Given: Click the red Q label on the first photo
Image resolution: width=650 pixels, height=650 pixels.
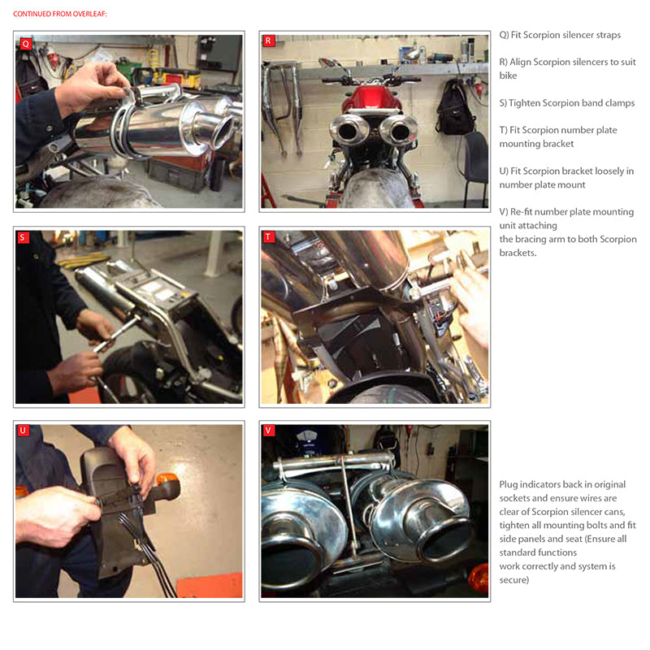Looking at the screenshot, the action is (26, 43).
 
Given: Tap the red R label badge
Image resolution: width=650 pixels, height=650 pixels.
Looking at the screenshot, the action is (268, 41).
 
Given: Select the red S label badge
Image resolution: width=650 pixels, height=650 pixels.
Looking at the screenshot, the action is (24, 237).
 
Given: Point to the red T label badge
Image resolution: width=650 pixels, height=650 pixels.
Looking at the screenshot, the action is (268, 236).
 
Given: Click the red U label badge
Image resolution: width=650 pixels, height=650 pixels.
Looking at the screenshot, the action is (24, 431).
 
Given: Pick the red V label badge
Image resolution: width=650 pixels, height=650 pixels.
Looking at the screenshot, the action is (268, 431).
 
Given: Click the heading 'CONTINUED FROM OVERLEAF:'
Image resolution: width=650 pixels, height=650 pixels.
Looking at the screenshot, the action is (59, 14).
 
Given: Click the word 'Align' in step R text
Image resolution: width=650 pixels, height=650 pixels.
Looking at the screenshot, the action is (519, 63).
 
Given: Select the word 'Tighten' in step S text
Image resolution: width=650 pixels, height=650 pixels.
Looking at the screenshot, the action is (524, 103).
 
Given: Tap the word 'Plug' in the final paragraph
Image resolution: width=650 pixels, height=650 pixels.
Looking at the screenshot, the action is (509, 484).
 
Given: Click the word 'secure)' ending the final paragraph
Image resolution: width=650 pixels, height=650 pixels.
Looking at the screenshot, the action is (514, 580).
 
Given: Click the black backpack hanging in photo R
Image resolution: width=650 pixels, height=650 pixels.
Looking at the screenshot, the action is (455, 108).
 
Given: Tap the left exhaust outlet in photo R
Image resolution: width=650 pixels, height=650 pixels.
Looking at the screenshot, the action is (349, 131).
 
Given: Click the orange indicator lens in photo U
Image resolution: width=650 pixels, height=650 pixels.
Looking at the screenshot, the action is (167, 479).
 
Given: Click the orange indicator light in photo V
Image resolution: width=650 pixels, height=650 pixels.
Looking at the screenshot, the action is (479, 578).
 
